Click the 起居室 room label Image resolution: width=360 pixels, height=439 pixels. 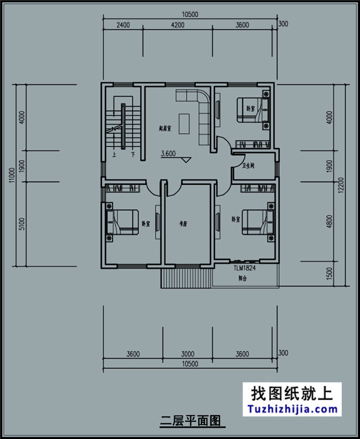click(x=165, y=128)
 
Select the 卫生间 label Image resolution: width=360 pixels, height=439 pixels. click(x=248, y=166)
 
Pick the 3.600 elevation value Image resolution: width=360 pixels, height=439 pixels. click(x=168, y=154)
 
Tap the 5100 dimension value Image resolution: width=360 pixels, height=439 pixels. click(x=22, y=223)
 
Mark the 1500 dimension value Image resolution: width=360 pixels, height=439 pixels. click(x=331, y=273)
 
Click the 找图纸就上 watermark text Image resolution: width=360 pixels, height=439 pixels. click(x=292, y=394)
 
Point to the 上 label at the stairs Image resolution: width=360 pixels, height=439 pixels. click(x=115, y=155)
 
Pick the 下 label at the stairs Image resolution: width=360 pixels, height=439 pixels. click(x=132, y=155)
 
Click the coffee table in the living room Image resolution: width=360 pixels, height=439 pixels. click(x=184, y=123)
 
